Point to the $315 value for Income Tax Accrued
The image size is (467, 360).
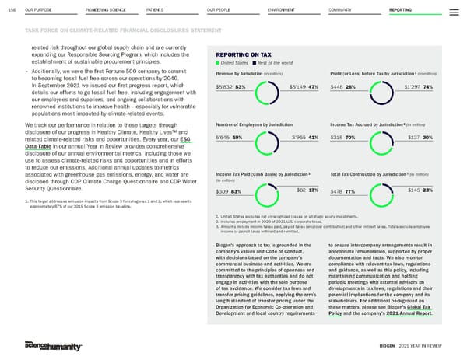click(337, 137)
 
